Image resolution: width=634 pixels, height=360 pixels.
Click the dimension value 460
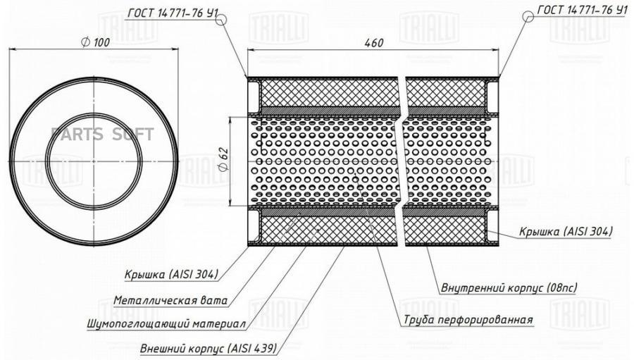click(x=373, y=42)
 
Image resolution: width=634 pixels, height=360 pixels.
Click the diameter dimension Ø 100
click(x=95, y=42)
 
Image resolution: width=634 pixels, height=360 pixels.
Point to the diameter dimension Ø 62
click(x=223, y=160)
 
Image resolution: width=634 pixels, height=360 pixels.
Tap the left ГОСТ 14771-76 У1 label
click(x=173, y=13)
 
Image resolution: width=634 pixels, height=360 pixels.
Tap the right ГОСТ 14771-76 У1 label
click(x=582, y=10)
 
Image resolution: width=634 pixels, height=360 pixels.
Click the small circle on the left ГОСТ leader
click(x=220, y=20)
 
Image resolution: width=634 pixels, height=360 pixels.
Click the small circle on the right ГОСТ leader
click(x=528, y=16)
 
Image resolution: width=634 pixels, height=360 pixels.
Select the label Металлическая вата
click(x=170, y=301)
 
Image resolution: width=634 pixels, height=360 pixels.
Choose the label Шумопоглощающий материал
click(x=166, y=324)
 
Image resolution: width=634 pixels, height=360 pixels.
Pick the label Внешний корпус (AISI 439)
click(x=209, y=348)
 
